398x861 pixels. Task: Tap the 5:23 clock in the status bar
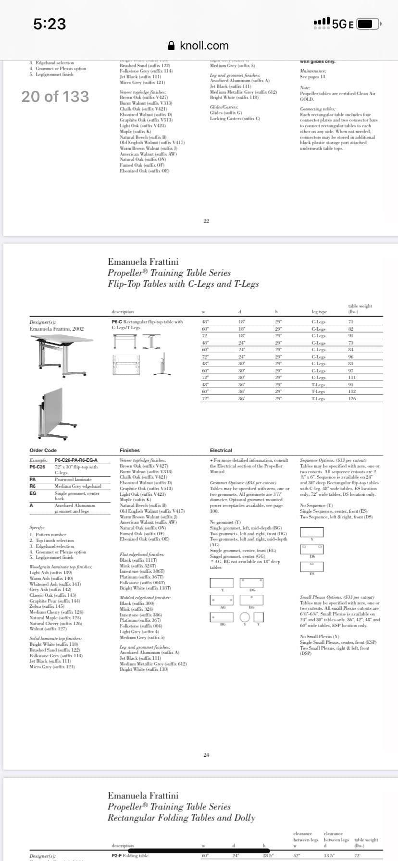tap(50, 24)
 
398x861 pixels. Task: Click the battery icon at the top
tap(368, 24)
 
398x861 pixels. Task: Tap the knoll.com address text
tap(204, 46)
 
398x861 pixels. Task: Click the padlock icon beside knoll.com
tap(172, 46)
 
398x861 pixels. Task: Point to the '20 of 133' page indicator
tap(55, 97)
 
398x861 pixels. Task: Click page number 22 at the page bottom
tap(206, 221)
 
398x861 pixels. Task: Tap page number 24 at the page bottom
tap(206, 755)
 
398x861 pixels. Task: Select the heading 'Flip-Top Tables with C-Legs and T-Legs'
tap(183, 284)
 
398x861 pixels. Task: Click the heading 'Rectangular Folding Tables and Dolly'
tap(181, 817)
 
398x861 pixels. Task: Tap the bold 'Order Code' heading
tap(43, 450)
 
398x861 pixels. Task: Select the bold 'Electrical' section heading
tap(221, 450)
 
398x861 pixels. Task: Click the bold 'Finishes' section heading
tap(130, 450)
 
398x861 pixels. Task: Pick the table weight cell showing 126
tap(352, 398)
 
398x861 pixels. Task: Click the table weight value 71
tap(351, 322)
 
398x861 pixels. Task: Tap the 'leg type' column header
tap(319, 312)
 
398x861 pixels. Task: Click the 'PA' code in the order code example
tap(33, 479)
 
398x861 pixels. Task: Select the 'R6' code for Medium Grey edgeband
tap(33, 486)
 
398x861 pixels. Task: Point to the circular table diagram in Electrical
tap(245, 616)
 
